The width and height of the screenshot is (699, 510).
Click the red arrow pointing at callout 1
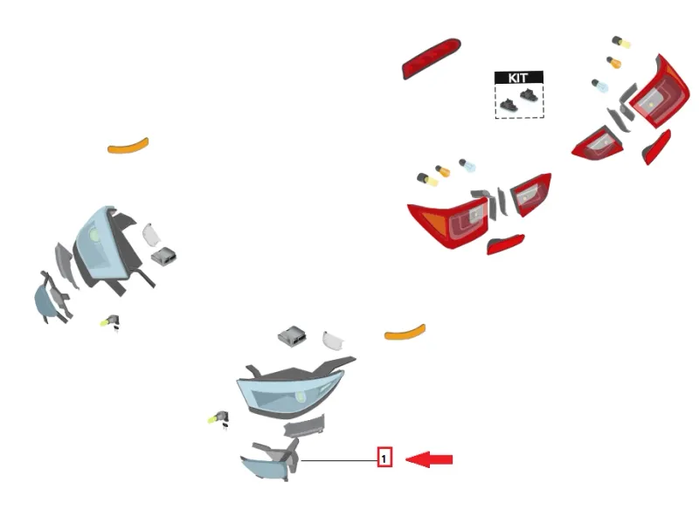pyautogui.click(x=429, y=459)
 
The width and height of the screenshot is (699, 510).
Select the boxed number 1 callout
pyautogui.click(x=384, y=458)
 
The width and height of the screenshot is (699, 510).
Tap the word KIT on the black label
pyautogui.click(x=518, y=78)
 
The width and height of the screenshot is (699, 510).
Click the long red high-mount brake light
pyautogui.click(x=431, y=59)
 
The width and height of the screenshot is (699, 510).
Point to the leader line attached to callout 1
pyautogui.click(x=339, y=460)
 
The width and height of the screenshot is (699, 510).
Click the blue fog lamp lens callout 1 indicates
pyautogui.click(x=263, y=469)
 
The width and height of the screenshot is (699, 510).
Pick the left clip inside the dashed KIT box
pyautogui.click(x=509, y=105)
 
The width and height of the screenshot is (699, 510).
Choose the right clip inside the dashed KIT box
pyautogui.click(x=529, y=95)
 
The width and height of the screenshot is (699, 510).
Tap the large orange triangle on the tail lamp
pyautogui.click(x=435, y=224)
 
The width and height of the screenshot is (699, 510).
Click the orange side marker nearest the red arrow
pyautogui.click(x=405, y=332)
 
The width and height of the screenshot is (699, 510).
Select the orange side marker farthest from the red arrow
pyautogui.click(x=128, y=146)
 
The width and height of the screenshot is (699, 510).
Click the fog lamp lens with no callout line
pyautogui.click(x=45, y=302)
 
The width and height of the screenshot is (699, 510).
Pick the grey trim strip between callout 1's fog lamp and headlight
pyautogui.click(x=304, y=425)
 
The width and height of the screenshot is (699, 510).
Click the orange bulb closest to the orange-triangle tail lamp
pyautogui.click(x=443, y=170)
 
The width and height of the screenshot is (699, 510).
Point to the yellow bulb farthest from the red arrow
pyautogui.click(x=621, y=42)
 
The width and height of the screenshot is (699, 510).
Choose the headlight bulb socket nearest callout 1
pyautogui.click(x=219, y=418)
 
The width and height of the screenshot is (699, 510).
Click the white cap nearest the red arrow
pyautogui.click(x=333, y=341)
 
